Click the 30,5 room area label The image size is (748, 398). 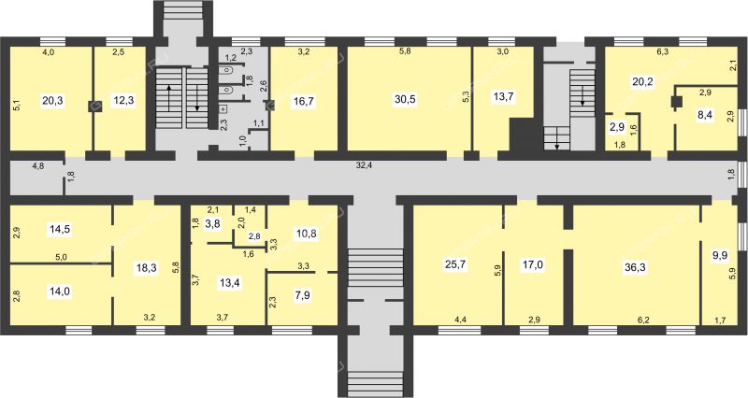405,100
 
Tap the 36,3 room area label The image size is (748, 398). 635,267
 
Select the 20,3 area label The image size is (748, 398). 53,100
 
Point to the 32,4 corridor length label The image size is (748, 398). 365,165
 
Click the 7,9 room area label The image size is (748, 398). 302,295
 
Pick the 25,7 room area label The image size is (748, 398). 455,264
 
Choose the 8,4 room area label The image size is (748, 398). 704,115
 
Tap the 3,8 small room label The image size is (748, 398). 212,223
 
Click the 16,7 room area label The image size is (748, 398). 304,101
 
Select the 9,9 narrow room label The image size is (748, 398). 719,255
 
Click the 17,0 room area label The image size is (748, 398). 532,264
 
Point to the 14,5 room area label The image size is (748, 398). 60,228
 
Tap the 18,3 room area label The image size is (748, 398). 147,267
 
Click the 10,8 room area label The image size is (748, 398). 306,234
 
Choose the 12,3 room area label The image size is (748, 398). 123,100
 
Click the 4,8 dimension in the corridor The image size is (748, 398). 37,166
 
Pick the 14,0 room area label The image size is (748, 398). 60,291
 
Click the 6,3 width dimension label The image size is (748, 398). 662,52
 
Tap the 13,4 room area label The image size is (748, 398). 230,283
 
